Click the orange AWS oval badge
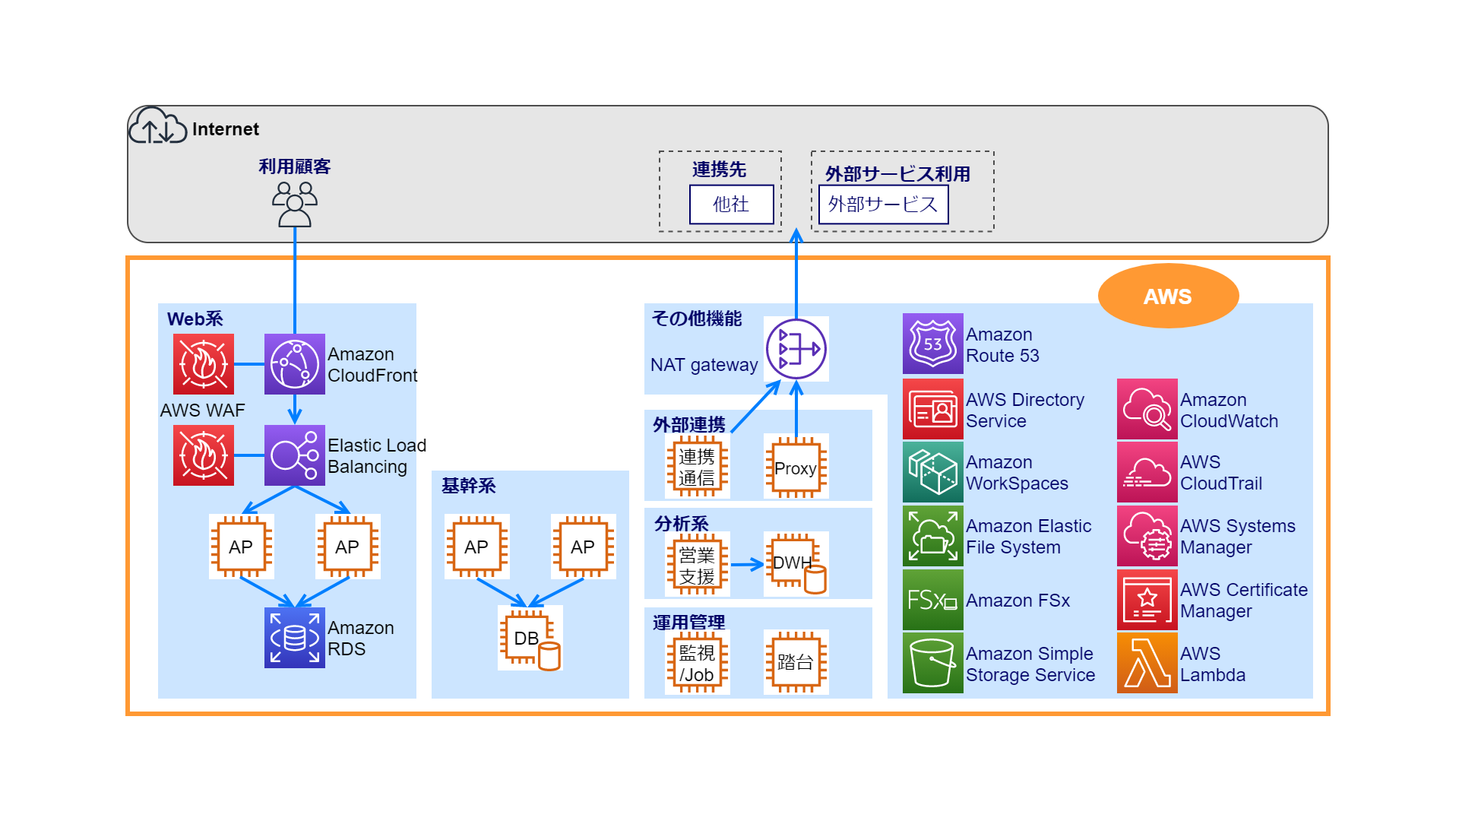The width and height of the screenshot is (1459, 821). click(1168, 296)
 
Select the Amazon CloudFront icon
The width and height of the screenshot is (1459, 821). click(295, 364)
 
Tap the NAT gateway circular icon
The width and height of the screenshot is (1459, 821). click(796, 349)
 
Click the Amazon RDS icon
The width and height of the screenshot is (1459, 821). click(295, 638)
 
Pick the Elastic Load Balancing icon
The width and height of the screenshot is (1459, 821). click(295, 455)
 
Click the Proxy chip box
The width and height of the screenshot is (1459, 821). click(796, 468)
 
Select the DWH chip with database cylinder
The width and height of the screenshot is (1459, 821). click(796, 563)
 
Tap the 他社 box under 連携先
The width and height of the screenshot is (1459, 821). click(731, 204)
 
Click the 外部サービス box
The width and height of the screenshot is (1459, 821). click(883, 204)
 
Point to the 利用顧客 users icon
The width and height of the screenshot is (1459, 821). click(295, 204)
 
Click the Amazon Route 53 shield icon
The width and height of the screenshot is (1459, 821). click(932, 344)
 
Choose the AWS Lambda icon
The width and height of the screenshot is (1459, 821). click(1147, 663)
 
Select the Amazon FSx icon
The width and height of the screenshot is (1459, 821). click(932, 600)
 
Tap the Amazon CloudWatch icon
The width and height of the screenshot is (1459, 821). click(1147, 409)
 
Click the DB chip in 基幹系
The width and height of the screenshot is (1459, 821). click(530, 638)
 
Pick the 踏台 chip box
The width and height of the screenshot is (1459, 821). click(796, 662)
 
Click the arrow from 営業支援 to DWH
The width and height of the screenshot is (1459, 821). click(746, 564)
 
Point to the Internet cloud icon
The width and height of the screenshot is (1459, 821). click(157, 126)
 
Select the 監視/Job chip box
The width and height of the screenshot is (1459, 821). click(697, 662)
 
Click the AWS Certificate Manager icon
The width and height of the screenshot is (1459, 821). click(1147, 600)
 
